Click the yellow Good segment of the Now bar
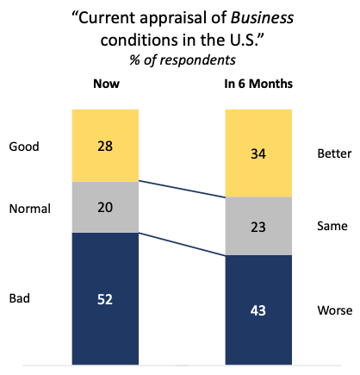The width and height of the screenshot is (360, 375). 105,146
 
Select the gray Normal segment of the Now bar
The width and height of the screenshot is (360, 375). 105,207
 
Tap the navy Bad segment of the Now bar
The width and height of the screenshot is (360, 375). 105,298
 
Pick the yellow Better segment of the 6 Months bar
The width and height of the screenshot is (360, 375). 258,153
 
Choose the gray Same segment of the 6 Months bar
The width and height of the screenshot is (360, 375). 258,226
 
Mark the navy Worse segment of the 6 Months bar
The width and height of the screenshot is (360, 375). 258,309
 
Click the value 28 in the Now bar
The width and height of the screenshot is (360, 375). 105,146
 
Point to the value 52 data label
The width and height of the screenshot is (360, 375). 105,299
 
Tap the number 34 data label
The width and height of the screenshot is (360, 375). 258,153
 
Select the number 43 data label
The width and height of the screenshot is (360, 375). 258,310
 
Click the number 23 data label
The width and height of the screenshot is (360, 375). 258,227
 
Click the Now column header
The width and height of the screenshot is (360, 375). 107,84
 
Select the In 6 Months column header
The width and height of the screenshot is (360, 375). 258,84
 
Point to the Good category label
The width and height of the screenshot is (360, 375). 24,147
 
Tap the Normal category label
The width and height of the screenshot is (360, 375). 30,209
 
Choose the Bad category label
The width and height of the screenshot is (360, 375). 20,298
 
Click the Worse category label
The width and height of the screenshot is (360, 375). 335,310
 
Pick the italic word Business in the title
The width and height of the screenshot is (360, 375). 262,18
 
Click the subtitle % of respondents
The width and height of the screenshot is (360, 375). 183,60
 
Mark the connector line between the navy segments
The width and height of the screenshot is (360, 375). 182,244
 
